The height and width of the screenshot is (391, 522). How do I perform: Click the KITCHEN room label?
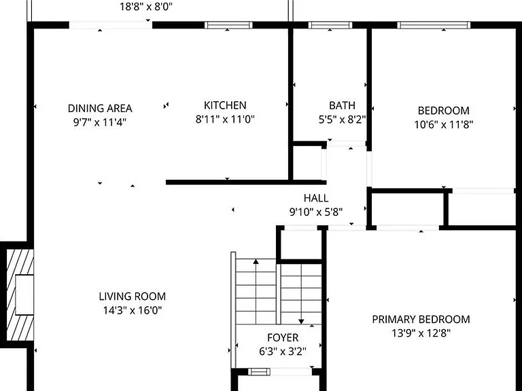[225, 105]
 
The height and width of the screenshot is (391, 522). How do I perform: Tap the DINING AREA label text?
[100, 109]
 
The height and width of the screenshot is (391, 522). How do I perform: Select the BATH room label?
[343, 105]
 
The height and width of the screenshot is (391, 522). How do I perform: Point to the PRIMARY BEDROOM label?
[421, 320]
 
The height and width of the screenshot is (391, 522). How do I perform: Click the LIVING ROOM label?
[133, 296]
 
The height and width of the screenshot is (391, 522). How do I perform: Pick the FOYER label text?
[283, 338]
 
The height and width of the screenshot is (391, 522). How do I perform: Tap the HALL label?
[316, 198]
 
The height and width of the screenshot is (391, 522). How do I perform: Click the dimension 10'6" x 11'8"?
[443, 125]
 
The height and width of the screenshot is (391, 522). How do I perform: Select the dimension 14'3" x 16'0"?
[133, 310]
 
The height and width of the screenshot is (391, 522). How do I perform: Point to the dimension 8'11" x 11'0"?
[225, 119]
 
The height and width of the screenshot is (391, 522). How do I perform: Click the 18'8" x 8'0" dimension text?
[146, 7]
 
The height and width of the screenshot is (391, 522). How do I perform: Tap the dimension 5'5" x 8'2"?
[343, 119]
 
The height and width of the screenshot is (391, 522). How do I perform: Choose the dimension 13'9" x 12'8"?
[421, 333]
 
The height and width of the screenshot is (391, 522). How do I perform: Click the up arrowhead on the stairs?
[256, 261]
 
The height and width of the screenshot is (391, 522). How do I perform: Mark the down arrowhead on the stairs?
[301, 322]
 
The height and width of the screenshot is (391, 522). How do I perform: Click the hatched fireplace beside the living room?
[20, 295]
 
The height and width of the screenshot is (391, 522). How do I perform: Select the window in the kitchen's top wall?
[228, 25]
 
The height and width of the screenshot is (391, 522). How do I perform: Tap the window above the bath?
[330, 25]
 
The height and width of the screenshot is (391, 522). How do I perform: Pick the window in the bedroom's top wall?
[434, 25]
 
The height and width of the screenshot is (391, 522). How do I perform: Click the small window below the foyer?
[260, 371]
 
